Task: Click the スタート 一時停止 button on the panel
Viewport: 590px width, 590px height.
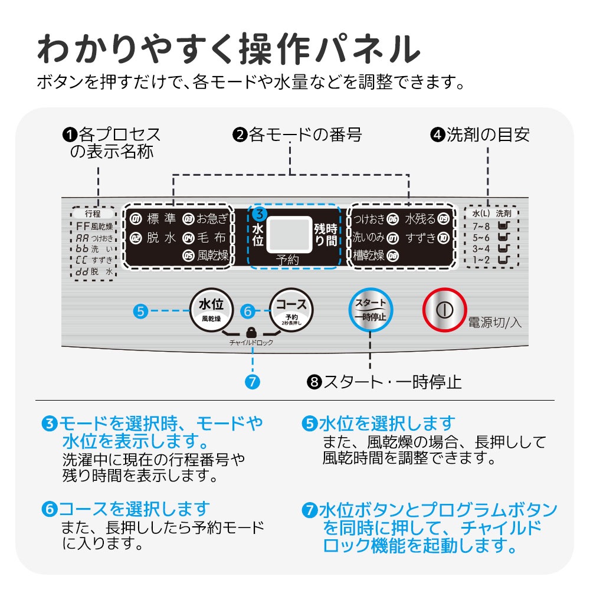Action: [x=370, y=309]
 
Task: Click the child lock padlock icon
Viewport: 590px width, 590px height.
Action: [x=252, y=332]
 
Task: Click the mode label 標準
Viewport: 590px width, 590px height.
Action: [x=160, y=219]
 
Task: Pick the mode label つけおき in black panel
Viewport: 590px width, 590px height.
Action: [x=369, y=219]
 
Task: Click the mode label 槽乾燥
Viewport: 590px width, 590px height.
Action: [x=369, y=256]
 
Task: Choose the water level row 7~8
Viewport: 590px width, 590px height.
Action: [x=480, y=226]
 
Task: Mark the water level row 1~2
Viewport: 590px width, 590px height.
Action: [x=480, y=260]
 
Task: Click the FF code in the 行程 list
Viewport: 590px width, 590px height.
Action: [x=82, y=227]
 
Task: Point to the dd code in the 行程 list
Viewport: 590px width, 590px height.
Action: [x=82, y=272]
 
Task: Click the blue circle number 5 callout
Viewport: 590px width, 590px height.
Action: [x=140, y=311]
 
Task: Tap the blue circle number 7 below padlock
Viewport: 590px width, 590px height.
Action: [x=252, y=382]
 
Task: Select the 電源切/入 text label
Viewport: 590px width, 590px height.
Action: [x=494, y=323]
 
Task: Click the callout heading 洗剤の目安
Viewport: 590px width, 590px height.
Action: [x=487, y=135]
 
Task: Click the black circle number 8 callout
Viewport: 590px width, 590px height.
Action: [x=313, y=382]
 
